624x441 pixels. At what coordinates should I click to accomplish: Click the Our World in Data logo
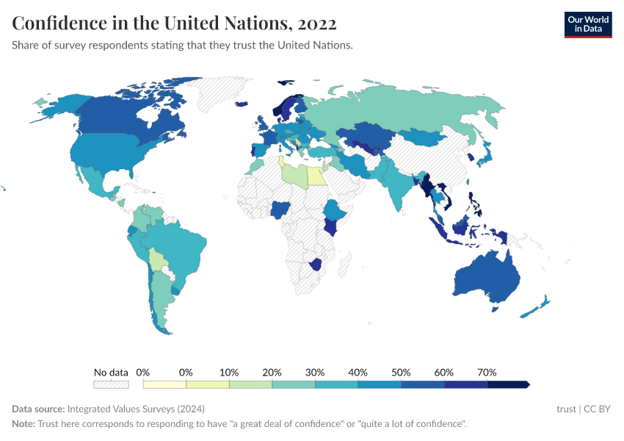587,24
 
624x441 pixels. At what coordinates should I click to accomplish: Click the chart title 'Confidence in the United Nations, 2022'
175,24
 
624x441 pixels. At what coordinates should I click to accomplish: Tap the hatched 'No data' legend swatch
111,384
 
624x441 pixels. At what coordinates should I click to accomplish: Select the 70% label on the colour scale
487,372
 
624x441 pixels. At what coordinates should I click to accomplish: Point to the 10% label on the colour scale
229,372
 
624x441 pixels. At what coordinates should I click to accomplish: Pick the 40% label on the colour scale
358,372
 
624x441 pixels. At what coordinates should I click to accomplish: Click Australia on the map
485,277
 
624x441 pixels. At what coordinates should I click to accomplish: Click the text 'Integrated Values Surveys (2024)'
135,409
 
